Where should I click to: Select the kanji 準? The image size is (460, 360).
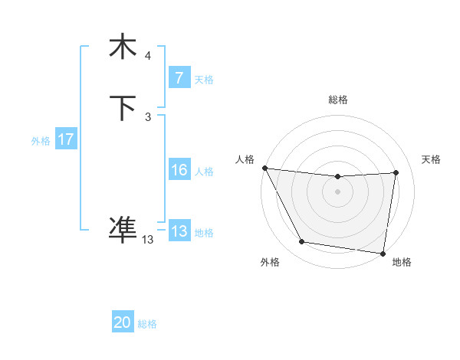pos(123,228)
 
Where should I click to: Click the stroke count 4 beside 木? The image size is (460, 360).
pos(148,55)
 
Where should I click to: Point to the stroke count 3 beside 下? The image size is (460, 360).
pos(148,117)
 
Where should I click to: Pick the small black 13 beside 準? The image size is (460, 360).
pos(147,240)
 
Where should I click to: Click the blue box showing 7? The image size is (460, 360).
pos(179,77)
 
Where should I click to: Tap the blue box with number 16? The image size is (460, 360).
pos(179,170)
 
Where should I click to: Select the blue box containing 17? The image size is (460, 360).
pos(65,139)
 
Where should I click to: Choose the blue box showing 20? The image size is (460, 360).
pos(123,322)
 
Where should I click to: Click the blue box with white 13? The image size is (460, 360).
pos(179,231)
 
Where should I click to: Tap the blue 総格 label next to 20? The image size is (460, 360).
pos(147,324)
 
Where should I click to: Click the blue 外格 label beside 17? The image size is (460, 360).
pos(41,141)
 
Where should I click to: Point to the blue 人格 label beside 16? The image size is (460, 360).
pos(204,172)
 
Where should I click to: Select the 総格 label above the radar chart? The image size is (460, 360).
pos(338,100)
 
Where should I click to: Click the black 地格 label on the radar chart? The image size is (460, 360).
pos(402,262)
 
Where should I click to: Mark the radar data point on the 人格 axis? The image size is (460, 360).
pos(264,168)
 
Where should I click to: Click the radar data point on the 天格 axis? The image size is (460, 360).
pos(396,172)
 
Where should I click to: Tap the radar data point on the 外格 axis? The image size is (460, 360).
pos(302,243)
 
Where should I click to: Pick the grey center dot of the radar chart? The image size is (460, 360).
pos(338,191)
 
